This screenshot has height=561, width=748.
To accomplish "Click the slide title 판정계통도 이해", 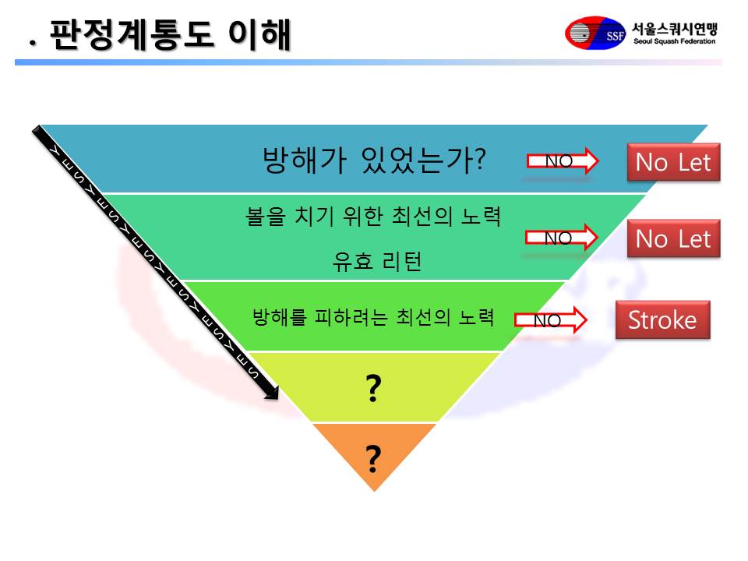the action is click(x=171, y=35).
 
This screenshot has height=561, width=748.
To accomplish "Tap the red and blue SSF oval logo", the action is click(x=595, y=33).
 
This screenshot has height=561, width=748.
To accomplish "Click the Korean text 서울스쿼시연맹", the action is click(x=675, y=29).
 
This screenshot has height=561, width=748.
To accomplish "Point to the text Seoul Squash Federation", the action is click(x=675, y=41).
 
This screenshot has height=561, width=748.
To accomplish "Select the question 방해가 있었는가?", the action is click(x=374, y=160).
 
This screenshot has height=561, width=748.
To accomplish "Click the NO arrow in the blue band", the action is click(x=563, y=161).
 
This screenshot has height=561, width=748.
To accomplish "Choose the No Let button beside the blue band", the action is click(x=673, y=162).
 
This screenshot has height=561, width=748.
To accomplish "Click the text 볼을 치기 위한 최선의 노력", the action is click(x=373, y=217).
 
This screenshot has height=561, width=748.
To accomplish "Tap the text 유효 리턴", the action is click(x=377, y=262).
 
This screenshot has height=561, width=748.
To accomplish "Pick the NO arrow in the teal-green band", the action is click(x=562, y=237).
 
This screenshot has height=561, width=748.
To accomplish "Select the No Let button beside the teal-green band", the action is click(x=673, y=238).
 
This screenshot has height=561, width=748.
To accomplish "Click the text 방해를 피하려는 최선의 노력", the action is click(x=373, y=317).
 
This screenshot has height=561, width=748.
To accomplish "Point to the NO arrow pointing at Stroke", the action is click(x=551, y=319).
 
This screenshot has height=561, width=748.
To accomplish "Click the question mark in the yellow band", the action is click(x=373, y=388).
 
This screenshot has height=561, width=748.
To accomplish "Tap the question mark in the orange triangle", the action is click(x=373, y=458).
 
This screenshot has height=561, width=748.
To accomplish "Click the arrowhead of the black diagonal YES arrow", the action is click(x=272, y=392).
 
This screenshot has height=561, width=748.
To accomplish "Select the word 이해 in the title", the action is click(x=259, y=35).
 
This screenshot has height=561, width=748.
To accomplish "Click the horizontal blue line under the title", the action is click(x=368, y=62).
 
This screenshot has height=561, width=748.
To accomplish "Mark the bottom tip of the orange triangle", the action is click(x=375, y=492).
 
